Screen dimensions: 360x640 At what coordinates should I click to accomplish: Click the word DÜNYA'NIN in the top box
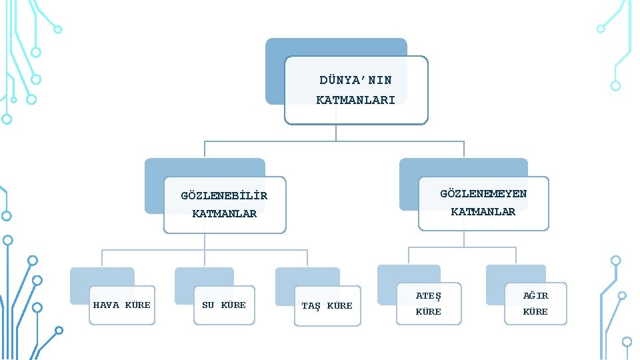[x=355, y=80]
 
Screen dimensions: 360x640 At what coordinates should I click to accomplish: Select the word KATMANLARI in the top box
[x=355, y=100]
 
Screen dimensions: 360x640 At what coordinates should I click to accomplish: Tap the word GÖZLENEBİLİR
[x=224, y=196]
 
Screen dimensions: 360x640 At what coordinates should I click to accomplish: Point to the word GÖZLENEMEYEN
[x=483, y=194]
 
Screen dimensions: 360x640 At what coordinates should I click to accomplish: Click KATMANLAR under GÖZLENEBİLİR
[x=224, y=214]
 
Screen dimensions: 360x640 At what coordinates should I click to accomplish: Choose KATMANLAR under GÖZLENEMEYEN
[x=483, y=212]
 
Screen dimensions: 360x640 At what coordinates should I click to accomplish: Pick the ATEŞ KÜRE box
[x=429, y=303]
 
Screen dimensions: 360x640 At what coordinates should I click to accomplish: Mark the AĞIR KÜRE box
[x=535, y=303]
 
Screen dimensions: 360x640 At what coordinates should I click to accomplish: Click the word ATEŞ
[x=429, y=295]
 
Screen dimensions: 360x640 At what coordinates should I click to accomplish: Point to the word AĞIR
[x=535, y=295]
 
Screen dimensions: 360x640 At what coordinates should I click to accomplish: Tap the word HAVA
[x=107, y=305]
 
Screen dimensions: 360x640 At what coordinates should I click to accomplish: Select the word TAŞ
[x=311, y=306]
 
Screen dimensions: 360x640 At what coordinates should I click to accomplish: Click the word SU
[x=208, y=305]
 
